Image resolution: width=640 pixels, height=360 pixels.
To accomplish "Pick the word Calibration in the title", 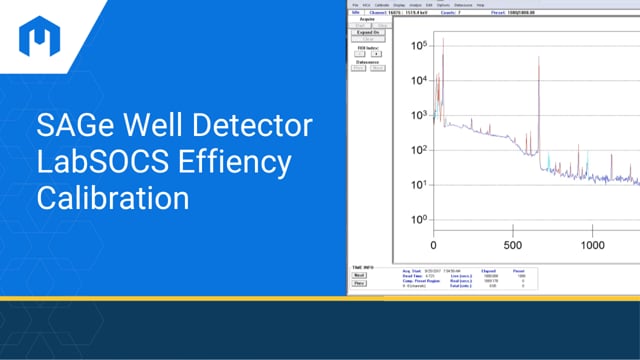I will (112, 195).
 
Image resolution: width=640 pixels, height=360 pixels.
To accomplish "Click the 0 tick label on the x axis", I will (434, 245).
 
